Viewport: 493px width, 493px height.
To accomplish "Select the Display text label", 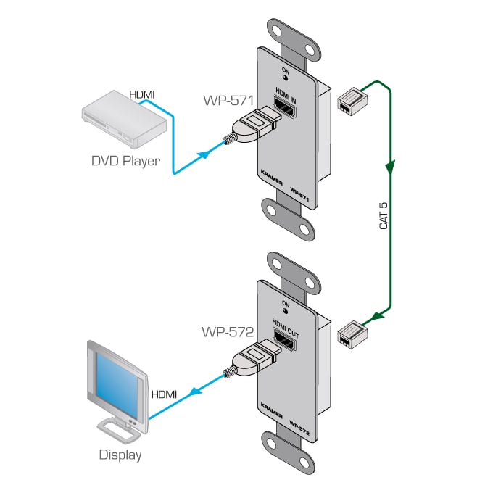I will [120, 455].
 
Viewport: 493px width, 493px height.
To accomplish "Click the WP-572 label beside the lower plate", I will [227, 333].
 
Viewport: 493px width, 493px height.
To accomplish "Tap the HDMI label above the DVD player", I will [142, 94].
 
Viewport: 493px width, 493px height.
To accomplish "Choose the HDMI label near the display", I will [164, 394].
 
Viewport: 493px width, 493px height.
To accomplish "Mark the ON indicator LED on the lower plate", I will [286, 310].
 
